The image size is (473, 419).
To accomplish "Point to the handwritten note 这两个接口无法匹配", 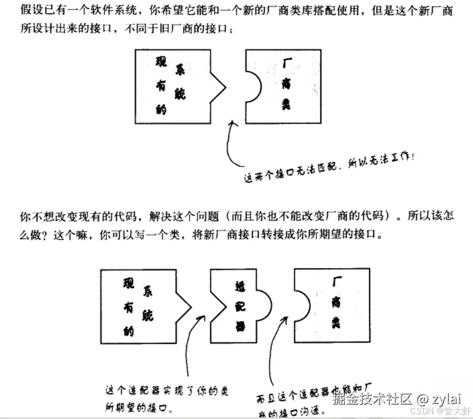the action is (x=290, y=170).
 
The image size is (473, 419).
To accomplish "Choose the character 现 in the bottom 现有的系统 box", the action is (x=128, y=284).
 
